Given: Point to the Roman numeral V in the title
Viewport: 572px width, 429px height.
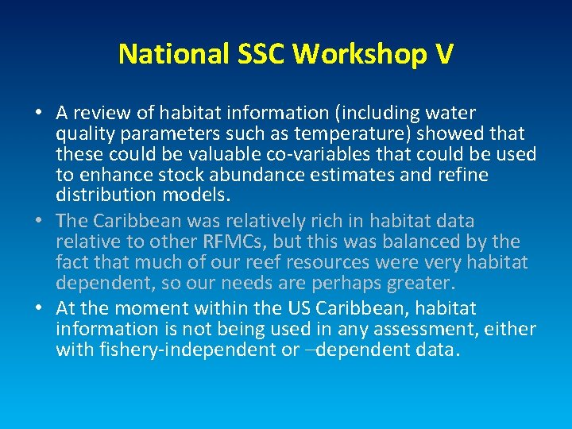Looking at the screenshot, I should click(x=444, y=53).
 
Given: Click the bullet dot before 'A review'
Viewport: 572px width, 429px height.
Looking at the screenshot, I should click(x=40, y=114).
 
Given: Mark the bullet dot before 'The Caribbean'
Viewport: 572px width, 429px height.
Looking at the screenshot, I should click(x=40, y=221).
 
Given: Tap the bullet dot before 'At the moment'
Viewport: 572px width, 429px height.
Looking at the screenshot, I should click(x=40, y=308).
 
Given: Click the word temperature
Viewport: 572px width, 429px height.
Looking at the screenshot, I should click(x=334, y=133).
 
